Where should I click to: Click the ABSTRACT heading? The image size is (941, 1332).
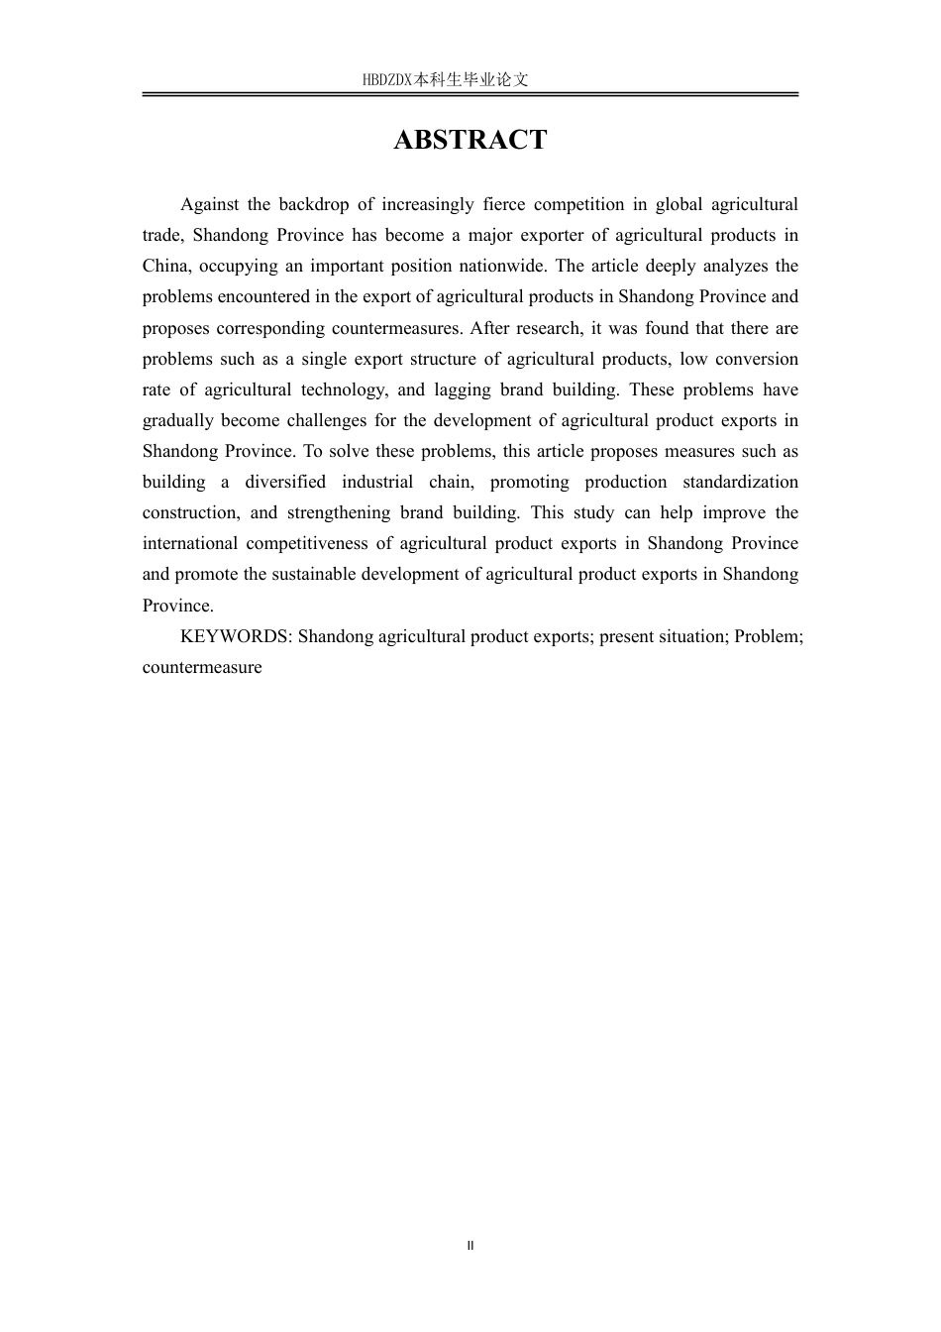pos(470,140)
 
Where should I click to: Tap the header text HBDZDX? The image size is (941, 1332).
pos(387,80)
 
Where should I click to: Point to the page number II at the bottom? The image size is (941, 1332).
pos(470,1246)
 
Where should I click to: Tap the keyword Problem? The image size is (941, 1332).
pos(768,636)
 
